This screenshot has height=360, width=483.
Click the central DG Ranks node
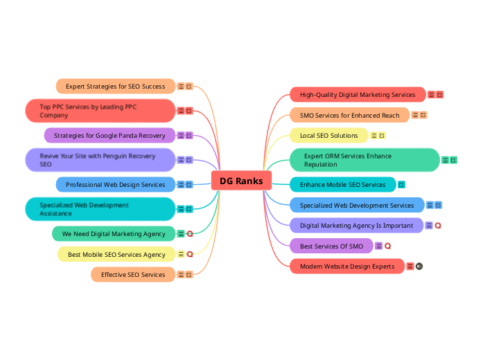click(241, 181)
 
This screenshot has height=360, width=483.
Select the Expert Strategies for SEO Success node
click(116, 86)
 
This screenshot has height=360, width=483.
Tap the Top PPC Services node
click(100, 111)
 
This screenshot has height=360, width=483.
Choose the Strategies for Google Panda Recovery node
click(109, 136)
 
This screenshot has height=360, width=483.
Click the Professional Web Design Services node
click(116, 185)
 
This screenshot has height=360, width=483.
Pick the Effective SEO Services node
click(133, 274)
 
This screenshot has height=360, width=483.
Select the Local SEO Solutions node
click(329, 136)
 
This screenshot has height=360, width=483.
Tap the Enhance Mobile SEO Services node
click(343, 185)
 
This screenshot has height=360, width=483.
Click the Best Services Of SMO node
click(331, 246)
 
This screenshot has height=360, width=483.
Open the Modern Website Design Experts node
click(347, 266)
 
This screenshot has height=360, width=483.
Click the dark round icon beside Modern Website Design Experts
click(419, 266)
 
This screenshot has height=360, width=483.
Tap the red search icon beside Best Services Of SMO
click(387, 246)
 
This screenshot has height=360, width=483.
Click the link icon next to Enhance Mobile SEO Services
click(401, 185)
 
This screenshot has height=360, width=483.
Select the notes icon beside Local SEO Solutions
click(374, 136)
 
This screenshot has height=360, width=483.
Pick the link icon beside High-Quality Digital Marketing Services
click(439, 95)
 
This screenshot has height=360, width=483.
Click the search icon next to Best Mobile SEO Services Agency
click(190, 254)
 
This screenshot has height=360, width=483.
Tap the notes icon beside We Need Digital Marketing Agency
click(181, 234)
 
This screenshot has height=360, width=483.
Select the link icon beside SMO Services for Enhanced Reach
click(423, 115)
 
